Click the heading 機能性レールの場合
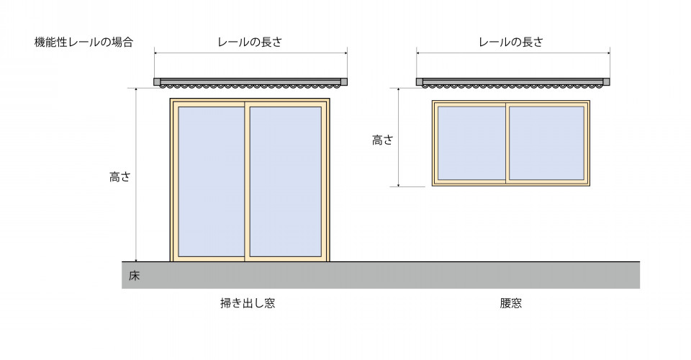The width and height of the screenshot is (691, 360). click(x=83, y=42)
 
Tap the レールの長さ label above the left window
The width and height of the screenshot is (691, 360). click(x=250, y=42)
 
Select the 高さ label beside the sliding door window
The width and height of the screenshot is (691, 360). click(x=119, y=176)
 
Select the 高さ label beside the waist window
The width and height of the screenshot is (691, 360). click(x=382, y=140)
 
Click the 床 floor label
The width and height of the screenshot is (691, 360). click(x=134, y=275)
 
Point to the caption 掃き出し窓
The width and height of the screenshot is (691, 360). click(x=247, y=303)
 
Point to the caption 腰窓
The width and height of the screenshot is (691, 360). click(x=510, y=303)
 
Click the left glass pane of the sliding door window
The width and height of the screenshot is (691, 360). click(x=211, y=181)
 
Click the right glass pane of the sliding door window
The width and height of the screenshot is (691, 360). click(x=285, y=181)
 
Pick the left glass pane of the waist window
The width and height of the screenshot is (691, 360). click(x=471, y=143)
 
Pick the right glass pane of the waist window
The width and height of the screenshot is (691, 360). click(x=546, y=143)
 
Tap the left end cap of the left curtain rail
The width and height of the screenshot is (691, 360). click(x=156, y=81)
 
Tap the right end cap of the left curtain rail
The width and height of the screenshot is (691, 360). click(x=344, y=81)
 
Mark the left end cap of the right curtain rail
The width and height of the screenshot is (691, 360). click(x=419, y=81)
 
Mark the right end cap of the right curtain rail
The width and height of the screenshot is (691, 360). click(x=607, y=81)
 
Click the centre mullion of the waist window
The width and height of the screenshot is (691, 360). click(x=508, y=143)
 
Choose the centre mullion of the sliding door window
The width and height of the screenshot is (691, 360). click(x=247, y=181)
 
